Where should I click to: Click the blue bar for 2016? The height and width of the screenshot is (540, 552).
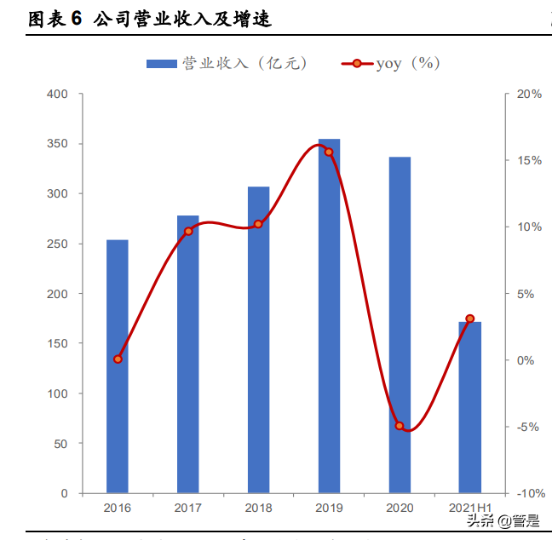tap(118, 366)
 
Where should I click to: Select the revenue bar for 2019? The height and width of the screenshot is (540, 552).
tap(329, 316)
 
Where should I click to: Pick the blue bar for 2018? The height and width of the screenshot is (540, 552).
tap(258, 340)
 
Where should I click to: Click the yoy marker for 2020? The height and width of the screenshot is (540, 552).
tap(400, 425)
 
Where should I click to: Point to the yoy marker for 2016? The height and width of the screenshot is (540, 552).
tap(118, 359)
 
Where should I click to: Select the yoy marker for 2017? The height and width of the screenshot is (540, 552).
tap(188, 231)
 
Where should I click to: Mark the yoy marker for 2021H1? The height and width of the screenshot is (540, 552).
tap(469, 319)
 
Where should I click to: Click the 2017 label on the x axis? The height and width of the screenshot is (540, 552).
tap(188, 508)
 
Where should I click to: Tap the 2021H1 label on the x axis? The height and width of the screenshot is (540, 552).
tap(470, 508)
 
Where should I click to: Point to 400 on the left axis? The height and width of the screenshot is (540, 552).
tap(57, 94)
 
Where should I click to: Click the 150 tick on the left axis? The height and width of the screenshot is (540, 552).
tap(57, 343)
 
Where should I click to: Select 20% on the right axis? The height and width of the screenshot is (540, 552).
tap(529, 94)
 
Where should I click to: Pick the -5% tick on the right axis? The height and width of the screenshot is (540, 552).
tap(529, 427)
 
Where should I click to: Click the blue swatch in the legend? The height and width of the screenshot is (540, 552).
tap(161, 63)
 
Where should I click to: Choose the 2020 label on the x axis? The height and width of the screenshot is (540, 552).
tap(400, 508)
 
